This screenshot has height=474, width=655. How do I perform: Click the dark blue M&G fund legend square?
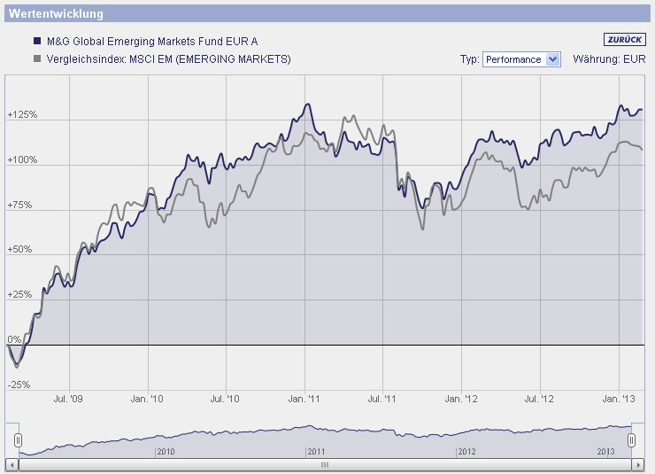tap(36, 42)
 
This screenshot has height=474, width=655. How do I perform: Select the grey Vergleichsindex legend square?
tap(36, 59)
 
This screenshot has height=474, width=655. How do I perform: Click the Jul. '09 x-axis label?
tap(68, 400)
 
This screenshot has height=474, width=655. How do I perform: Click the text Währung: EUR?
tap(609, 59)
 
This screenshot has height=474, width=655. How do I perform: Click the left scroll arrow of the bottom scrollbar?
tap(11, 464)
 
